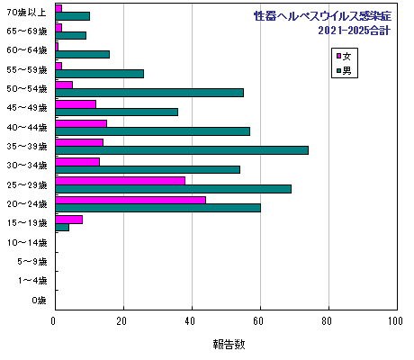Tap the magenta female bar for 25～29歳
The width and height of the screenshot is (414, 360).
click(x=120, y=180)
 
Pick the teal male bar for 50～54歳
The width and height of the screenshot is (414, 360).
click(x=148, y=92)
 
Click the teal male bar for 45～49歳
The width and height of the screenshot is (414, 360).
click(x=116, y=112)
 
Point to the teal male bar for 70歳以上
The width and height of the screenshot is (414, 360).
click(x=72, y=16)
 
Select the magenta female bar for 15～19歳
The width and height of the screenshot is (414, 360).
click(x=68, y=219)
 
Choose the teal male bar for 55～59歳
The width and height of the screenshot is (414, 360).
click(x=99, y=73)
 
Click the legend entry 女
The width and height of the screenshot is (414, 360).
click(x=343, y=55)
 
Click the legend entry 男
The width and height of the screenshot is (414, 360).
click(x=343, y=69)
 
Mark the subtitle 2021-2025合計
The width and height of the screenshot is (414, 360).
click(x=354, y=31)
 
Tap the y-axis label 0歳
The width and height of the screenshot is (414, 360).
click(x=39, y=300)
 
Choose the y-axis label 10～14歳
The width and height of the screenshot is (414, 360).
click(x=28, y=242)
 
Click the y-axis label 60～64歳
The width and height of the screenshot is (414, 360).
click(x=28, y=49)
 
